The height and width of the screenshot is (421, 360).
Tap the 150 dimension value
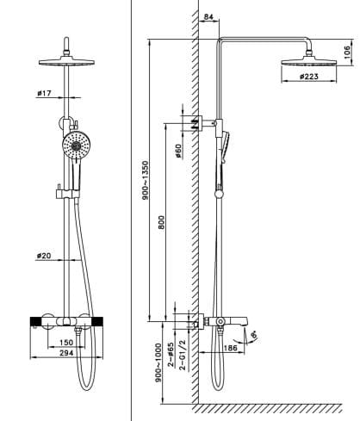coord(67,341)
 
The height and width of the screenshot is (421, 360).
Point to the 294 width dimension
coord(67,354)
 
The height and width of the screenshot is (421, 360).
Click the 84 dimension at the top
coord(209,17)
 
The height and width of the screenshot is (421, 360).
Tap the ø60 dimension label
coord(177,150)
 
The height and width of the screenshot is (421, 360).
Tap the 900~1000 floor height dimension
coord(158,365)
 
